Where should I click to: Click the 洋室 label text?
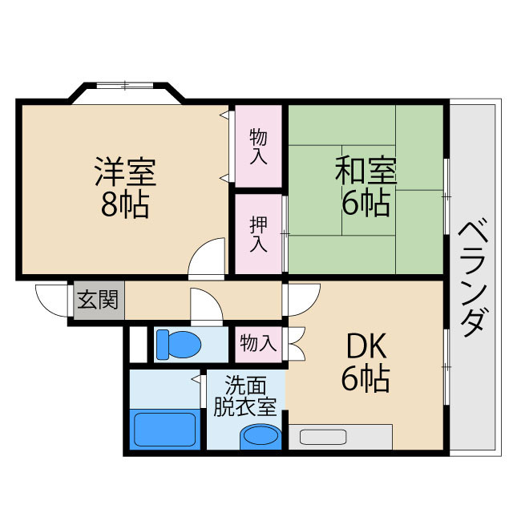pos(124,172)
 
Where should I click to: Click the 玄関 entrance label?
pos(97,301)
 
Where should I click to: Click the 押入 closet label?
pos(258,233)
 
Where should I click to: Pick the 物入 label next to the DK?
pos(257,344)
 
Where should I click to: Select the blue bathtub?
pos(164,429)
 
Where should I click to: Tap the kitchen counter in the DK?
pos(340,437)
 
